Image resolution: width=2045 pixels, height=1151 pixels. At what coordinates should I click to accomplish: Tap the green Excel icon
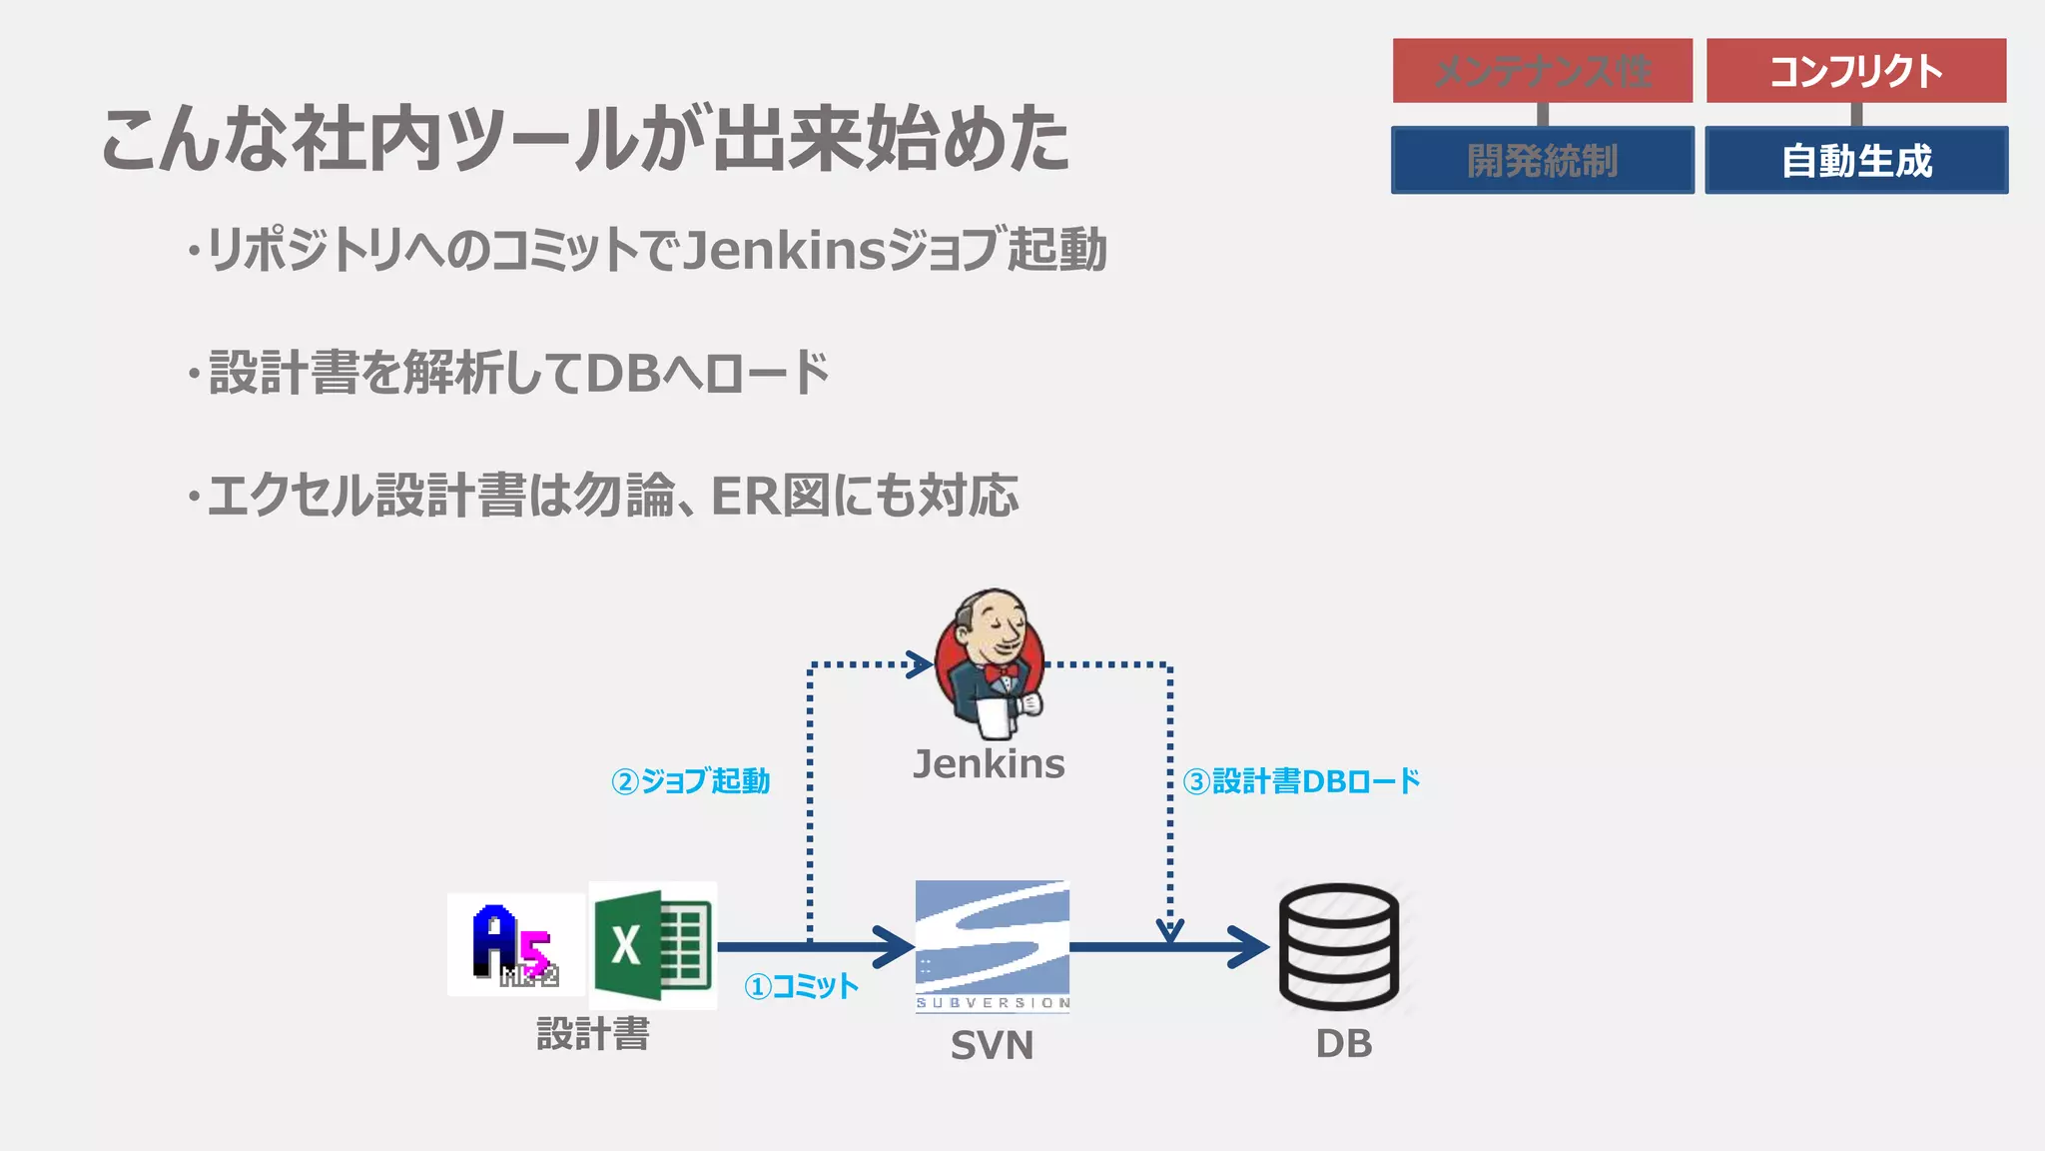pos(653,945)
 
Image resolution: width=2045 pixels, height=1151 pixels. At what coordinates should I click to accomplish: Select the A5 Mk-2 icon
pos(515,945)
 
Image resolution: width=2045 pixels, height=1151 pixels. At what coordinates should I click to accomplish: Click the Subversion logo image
pos(993,946)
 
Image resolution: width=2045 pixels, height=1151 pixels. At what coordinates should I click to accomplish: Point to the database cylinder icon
pos(1339,946)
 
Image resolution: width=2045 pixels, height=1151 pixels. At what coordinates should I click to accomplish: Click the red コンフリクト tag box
pos(1856,71)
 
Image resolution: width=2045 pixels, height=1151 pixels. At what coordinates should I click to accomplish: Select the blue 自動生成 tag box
pos(1856,160)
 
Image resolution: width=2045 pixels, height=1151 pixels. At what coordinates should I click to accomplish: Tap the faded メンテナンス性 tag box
pos(1543,71)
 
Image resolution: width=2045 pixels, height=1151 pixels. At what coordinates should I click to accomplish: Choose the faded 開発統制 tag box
pos(1543,160)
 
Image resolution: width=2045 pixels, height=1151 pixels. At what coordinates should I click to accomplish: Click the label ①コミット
pos(801,987)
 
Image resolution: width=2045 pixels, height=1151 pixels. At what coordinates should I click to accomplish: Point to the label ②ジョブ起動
pos(691,781)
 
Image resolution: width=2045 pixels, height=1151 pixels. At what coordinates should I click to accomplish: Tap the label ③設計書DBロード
pos(1301,781)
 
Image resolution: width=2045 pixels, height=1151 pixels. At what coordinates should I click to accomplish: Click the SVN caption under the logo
pos(992,1045)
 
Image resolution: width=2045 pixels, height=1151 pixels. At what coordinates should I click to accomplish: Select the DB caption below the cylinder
pos(1344,1044)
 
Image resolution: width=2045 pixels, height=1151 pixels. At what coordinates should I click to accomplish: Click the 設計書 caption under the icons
pos(593,1033)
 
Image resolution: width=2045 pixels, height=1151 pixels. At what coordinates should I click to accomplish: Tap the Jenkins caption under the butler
pos(989,764)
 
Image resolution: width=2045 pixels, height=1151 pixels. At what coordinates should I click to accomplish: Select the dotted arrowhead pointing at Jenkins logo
pos(920,664)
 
